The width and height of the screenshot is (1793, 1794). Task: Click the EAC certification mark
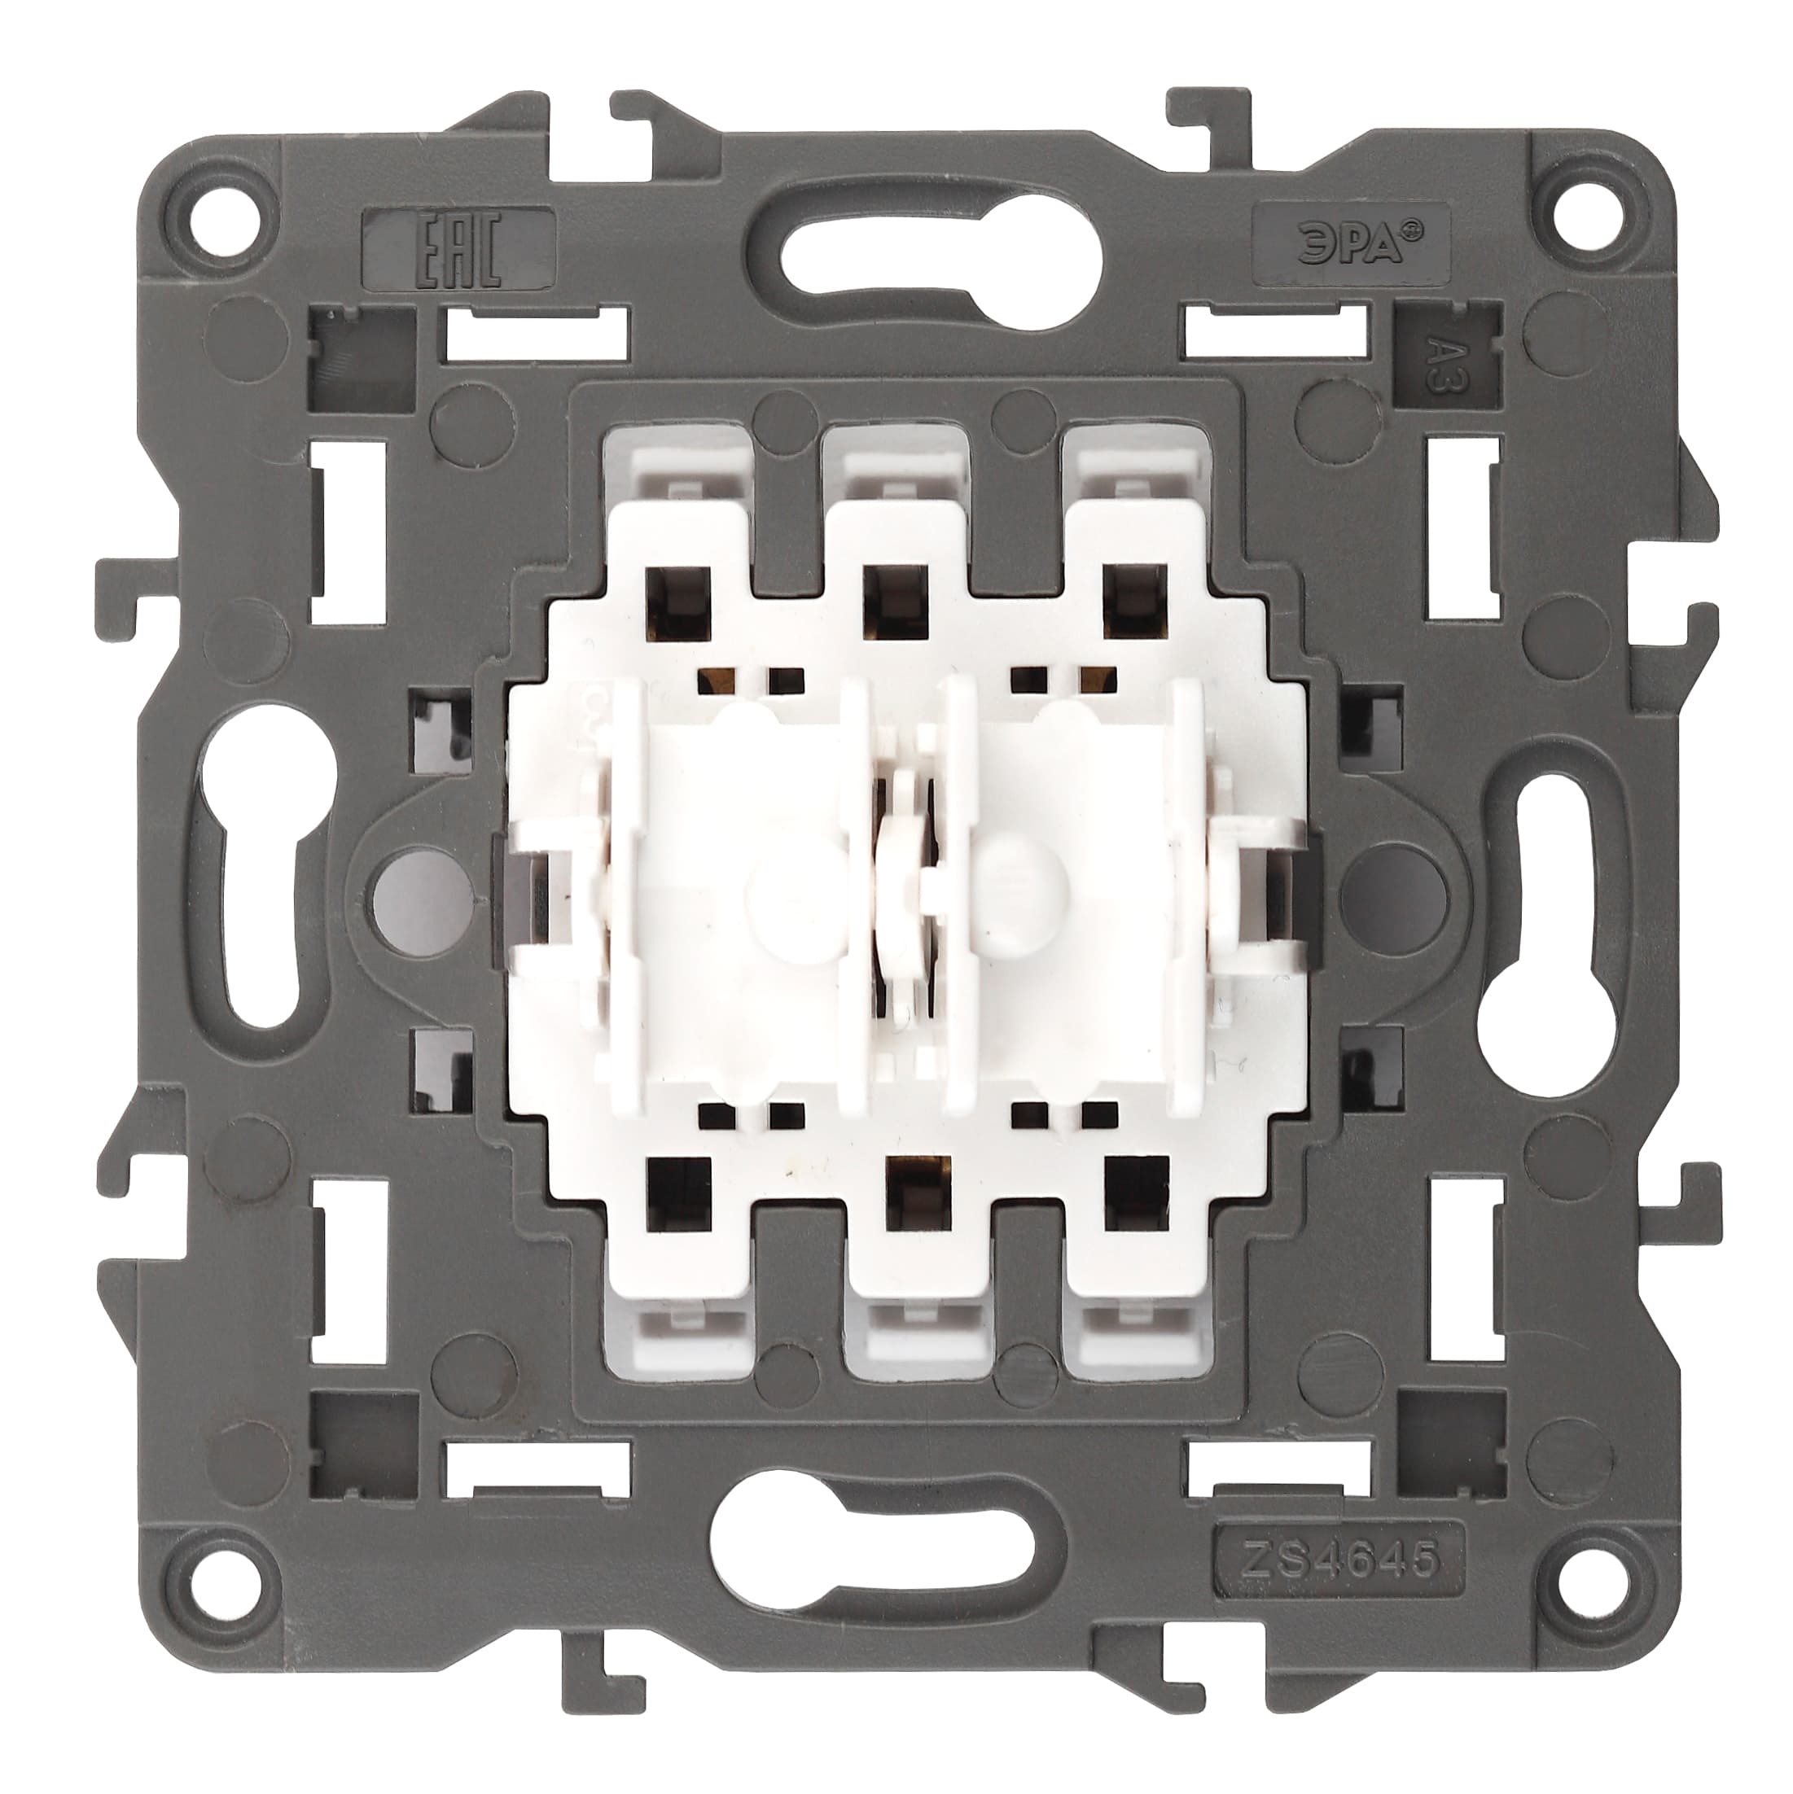[x=460, y=248]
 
